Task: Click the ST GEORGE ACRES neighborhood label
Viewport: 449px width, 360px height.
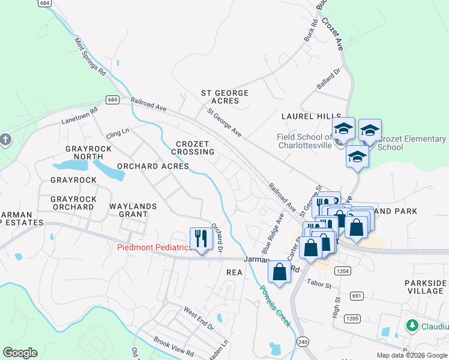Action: point(224,97)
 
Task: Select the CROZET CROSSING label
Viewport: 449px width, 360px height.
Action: point(195,148)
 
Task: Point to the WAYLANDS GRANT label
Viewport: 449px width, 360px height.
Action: point(133,211)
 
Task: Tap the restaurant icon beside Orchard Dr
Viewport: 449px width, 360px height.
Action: point(201,239)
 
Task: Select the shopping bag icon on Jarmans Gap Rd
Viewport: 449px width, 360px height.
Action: point(279,271)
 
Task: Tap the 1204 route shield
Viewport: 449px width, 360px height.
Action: point(343,271)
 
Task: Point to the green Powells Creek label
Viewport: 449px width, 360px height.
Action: point(276,305)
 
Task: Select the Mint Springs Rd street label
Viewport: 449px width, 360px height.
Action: point(90,57)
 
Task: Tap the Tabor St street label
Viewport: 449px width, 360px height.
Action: point(319,283)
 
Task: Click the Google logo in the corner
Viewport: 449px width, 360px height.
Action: point(20,353)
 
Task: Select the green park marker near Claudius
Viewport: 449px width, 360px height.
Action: point(412,326)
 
